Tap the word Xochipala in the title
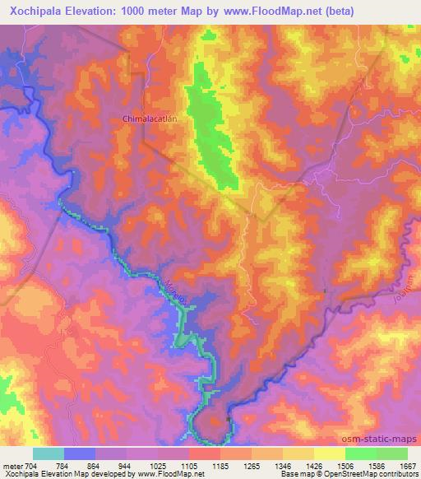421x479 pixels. (x=36, y=9)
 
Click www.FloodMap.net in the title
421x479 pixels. (x=292, y=9)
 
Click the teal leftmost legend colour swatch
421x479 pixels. (x=49, y=453)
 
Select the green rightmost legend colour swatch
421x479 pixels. (x=391, y=453)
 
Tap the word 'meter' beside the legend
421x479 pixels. (x=11, y=465)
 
